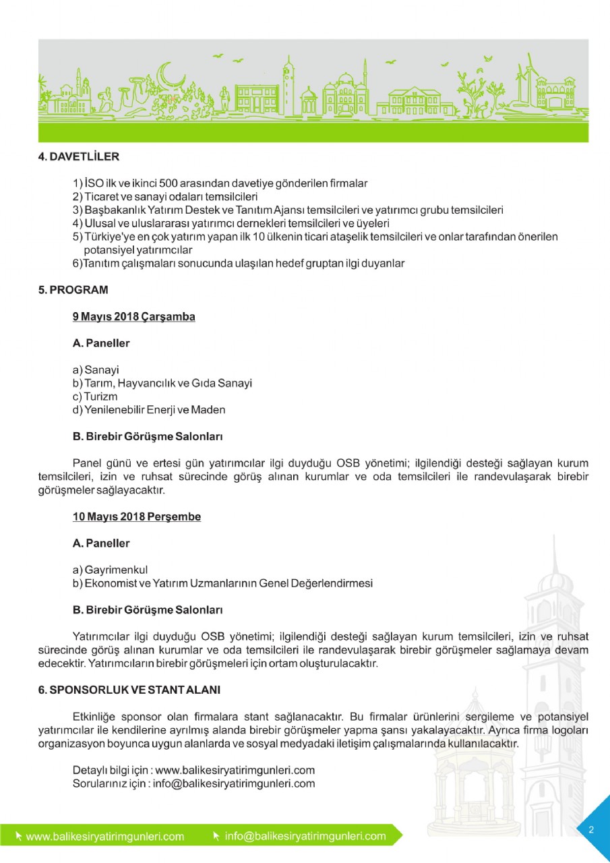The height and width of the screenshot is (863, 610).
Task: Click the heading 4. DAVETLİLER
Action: tap(78, 157)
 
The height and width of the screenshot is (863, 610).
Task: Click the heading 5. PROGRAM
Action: tap(73, 290)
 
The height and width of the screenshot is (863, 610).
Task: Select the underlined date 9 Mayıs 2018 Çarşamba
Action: tap(133, 316)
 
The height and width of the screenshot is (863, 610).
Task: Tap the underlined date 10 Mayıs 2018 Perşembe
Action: tap(136, 516)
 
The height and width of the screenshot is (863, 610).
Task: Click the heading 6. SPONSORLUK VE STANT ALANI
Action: tap(129, 690)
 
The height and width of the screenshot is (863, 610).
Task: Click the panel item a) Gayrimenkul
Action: tap(110, 570)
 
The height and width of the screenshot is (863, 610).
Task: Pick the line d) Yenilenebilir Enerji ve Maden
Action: tap(149, 410)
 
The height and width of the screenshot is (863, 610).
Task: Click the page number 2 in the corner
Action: tap(591, 829)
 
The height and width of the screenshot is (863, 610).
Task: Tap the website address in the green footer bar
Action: tap(104, 837)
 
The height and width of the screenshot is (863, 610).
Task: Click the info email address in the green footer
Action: tap(305, 836)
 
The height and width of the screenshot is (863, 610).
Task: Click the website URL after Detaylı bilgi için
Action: tap(235, 770)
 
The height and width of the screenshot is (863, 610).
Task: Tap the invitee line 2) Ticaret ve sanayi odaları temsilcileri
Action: tap(165, 196)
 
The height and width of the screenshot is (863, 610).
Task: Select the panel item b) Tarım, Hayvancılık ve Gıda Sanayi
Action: tap(162, 383)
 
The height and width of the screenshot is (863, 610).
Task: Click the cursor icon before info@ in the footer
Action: tap(216, 836)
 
